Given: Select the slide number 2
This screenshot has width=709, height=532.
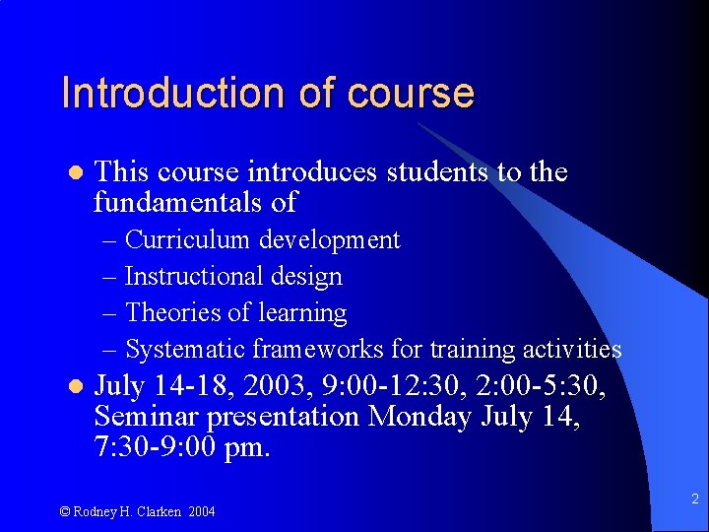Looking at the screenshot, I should click(694, 499).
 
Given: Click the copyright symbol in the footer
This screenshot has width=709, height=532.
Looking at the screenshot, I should click(65, 511).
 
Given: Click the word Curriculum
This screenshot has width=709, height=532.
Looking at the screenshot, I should click(186, 240).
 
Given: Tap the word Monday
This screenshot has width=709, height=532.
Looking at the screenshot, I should click(419, 417).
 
